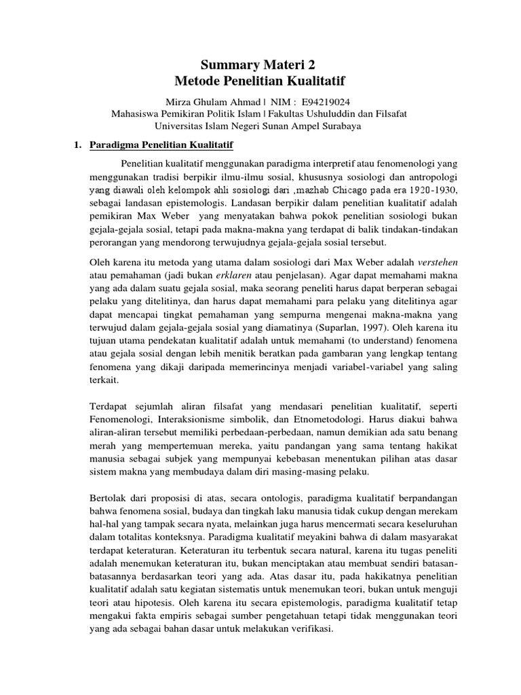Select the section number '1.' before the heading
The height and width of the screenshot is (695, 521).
pos(77,145)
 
